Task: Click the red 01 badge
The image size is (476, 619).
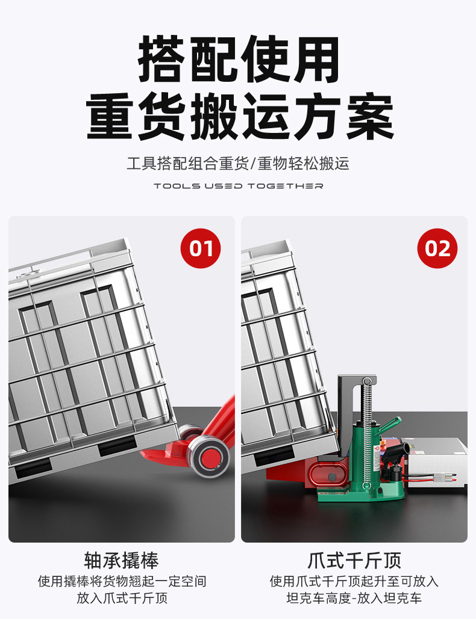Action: click(201, 248)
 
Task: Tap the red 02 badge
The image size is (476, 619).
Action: click(437, 248)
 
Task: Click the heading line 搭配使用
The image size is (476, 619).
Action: click(239, 59)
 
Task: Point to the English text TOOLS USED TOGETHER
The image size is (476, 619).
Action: click(239, 186)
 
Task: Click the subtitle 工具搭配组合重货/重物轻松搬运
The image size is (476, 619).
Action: click(238, 163)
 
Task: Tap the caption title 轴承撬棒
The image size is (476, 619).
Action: click(121, 560)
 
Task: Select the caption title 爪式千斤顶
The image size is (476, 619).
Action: click(354, 560)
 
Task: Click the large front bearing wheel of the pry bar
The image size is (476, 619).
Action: click(208, 457)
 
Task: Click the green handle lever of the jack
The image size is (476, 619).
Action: click(390, 425)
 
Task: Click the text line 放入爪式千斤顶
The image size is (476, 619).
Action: click(122, 598)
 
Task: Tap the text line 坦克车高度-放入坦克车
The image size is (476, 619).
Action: click(354, 598)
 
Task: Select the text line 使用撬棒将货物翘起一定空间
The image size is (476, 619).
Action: click(122, 581)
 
